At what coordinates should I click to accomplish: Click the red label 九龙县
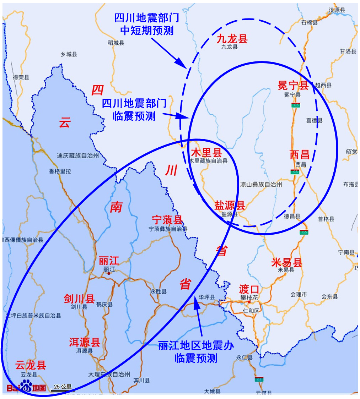(x=232, y=39)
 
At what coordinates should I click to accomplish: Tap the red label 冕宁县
(x=293, y=85)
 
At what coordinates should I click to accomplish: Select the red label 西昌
(x=299, y=155)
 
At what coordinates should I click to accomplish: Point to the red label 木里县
(x=206, y=153)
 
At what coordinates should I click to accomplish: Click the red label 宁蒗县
(x=167, y=220)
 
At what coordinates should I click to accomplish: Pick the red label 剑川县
(x=79, y=299)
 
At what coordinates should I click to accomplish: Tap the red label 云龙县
(x=31, y=365)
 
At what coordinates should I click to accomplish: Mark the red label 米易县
(x=286, y=263)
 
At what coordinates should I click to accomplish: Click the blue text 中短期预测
(x=147, y=31)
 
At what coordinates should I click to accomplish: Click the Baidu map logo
(x=26, y=387)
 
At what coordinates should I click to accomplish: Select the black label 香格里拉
(x=60, y=171)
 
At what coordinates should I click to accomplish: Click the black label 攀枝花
(x=249, y=298)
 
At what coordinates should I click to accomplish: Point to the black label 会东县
(x=329, y=296)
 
